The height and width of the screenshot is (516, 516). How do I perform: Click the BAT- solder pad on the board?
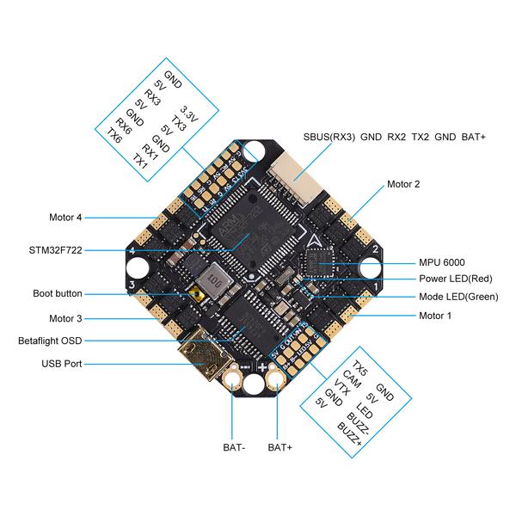coord(233,378)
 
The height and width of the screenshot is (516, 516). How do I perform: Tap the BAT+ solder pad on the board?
coord(279,378)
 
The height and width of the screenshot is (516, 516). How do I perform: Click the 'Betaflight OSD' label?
coord(51,341)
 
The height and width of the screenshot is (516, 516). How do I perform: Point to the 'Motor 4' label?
coord(66,218)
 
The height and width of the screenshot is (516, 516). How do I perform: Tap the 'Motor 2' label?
coord(403,184)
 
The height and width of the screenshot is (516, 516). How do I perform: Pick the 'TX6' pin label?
coord(114,135)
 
